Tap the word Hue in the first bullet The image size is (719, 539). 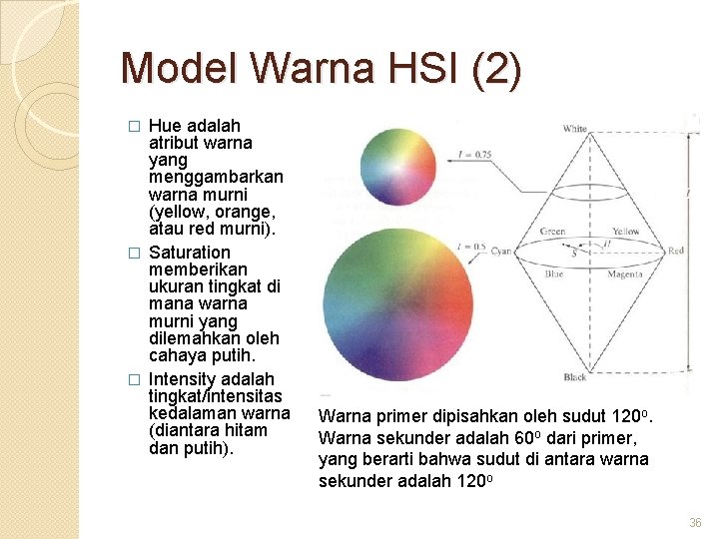165,126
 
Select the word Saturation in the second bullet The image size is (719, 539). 189,253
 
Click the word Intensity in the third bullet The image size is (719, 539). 185,379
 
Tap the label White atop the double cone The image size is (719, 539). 575,129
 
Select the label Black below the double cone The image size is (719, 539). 575,377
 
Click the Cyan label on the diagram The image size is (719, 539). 501,252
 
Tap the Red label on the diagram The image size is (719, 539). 676,251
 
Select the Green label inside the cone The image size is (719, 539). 552,232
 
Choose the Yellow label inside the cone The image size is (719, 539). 626,232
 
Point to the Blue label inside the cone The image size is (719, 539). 554,272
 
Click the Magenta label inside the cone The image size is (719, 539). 626,272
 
